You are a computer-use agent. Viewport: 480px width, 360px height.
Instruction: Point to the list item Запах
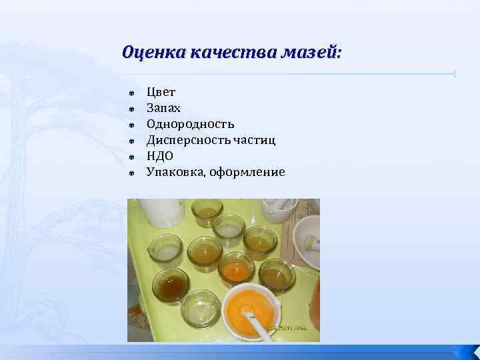(x=163, y=107)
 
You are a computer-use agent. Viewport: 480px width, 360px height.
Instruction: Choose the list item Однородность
(x=190, y=123)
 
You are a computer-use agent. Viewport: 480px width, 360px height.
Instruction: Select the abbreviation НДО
(x=160, y=155)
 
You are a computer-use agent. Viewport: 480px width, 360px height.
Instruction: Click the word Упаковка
(x=175, y=172)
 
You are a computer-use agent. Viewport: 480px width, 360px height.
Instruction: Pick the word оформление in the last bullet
(x=247, y=172)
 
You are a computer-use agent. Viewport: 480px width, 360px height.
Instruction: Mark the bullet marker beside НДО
(x=133, y=156)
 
